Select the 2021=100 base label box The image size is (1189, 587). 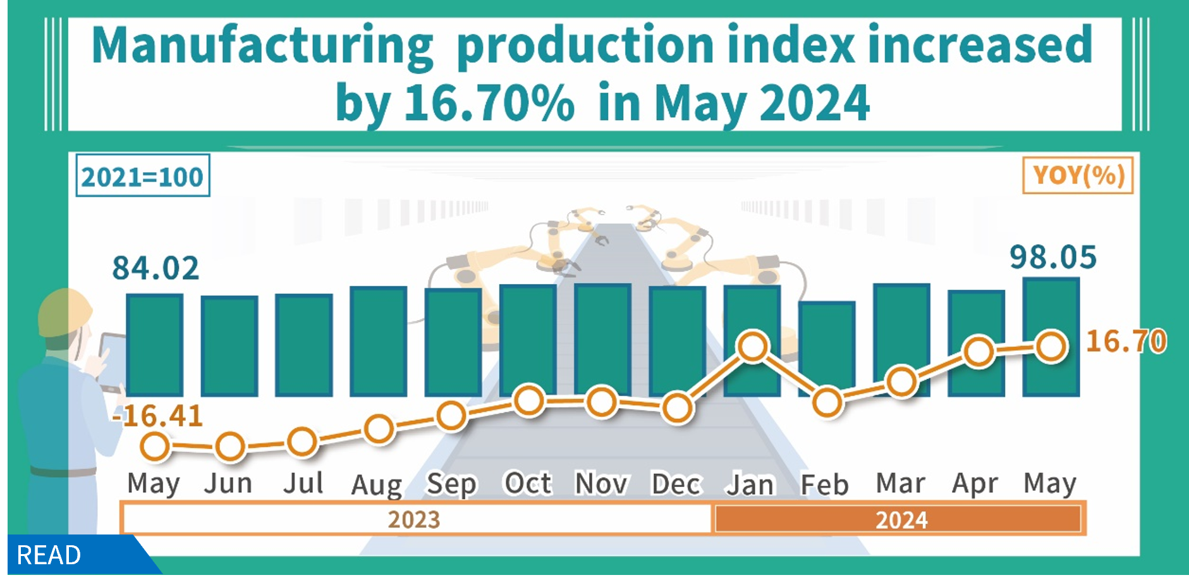142,176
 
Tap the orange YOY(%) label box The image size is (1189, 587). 1078,175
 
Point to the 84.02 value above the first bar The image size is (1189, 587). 155,268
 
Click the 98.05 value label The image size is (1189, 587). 1052,257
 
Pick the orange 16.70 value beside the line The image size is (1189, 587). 1126,342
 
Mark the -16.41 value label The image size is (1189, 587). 157,416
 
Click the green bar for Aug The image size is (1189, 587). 378,342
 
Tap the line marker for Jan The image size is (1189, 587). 752,347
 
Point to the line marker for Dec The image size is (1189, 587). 677,408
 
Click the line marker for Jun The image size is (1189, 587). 229,447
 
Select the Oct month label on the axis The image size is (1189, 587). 528,484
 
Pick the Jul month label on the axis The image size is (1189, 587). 303,484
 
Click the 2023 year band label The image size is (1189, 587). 414,519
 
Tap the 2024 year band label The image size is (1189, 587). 901,520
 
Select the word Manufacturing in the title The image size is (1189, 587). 262,46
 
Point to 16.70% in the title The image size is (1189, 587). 489,103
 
